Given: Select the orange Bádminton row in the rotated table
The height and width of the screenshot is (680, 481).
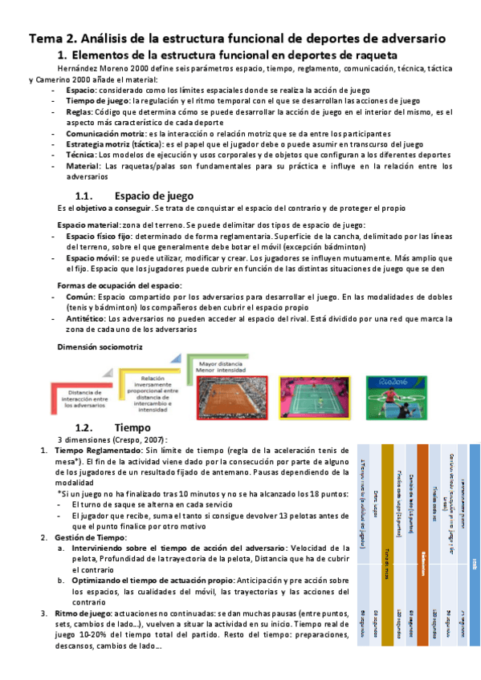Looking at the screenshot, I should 422,553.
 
